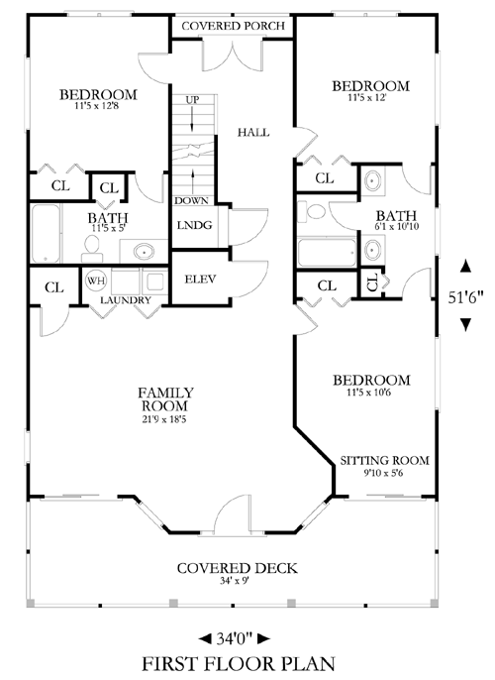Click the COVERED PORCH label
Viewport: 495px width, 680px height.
coord(234,26)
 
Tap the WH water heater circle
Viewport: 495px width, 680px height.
coord(96,281)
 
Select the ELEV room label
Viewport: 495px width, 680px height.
coord(200,280)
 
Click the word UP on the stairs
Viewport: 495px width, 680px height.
coord(192,100)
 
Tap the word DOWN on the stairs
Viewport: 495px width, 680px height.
coord(191,201)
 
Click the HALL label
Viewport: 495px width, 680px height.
coord(253,132)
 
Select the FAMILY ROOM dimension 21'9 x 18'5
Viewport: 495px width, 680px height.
coord(164,419)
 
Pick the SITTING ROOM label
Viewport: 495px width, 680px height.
coord(384,461)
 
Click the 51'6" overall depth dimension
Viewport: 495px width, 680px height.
coord(465,297)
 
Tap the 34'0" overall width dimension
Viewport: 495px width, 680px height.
coord(235,638)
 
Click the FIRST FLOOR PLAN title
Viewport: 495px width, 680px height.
coord(239,664)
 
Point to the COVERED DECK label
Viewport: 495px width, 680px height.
coord(238,568)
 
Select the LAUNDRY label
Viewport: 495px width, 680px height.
coord(126,300)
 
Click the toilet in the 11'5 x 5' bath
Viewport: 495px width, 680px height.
coord(92,249)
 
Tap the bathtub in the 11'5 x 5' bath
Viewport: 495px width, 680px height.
coord(46,233)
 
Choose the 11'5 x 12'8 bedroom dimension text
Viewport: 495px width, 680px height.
coord(97,105)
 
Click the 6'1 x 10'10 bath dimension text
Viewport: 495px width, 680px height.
coord(396,226)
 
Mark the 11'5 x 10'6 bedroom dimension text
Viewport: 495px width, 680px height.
coord(369,393)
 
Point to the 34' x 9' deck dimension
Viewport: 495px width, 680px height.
coord(235,581)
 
